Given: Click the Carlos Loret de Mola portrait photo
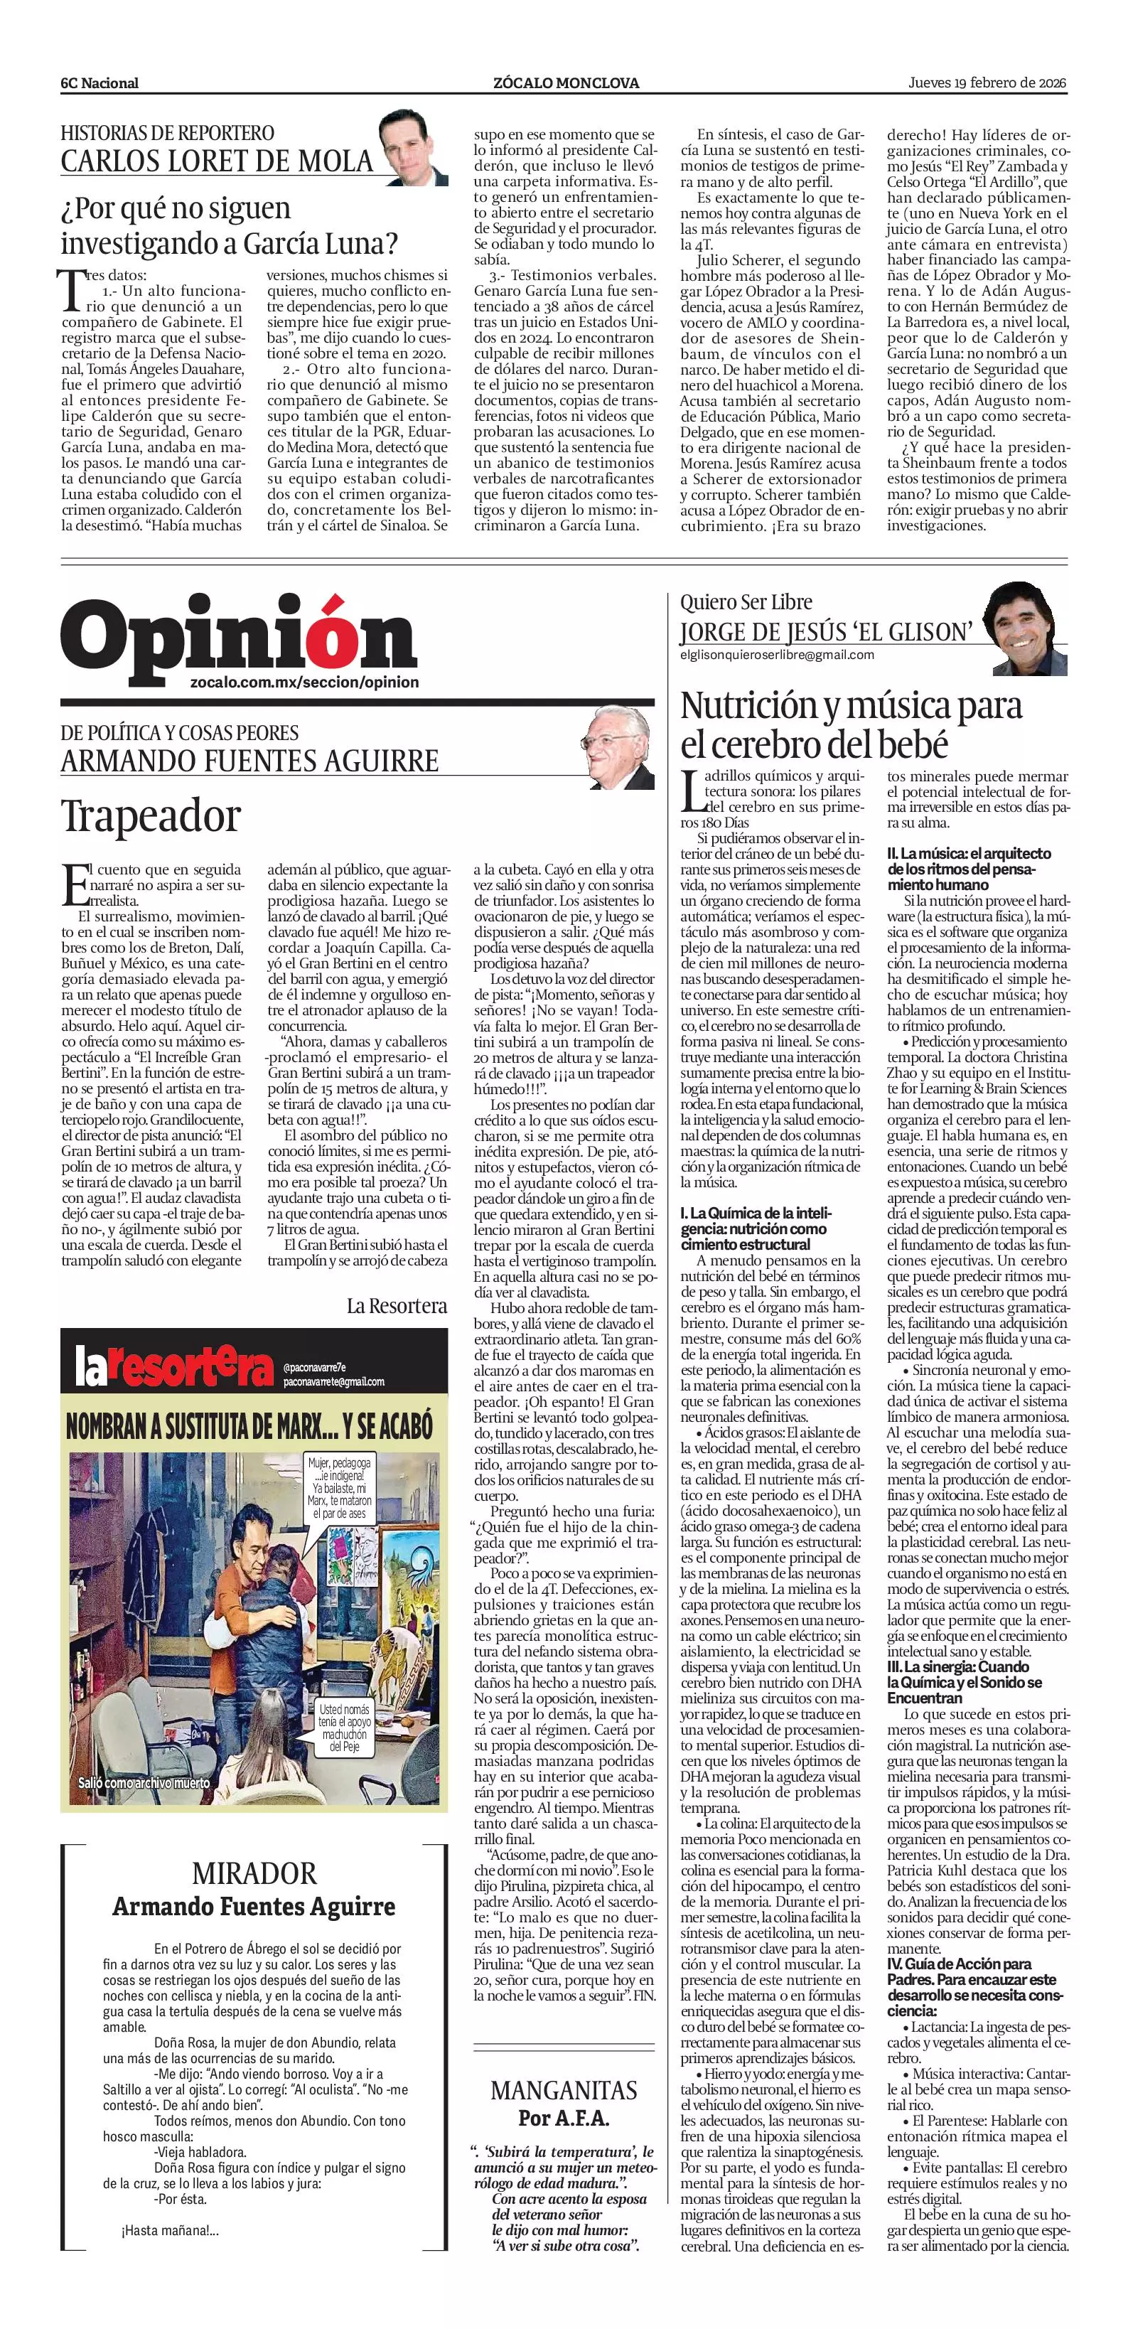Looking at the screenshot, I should pyautogui.click(x=413, y=146).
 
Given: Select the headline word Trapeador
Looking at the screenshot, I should pyautogui.click(x=151, y=815).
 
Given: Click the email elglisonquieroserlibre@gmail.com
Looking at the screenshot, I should pyautogui.click(x=778, y=655).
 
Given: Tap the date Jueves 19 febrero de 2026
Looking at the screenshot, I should pyautogui.click(x=987, y=82).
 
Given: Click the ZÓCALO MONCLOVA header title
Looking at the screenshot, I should pyautogui.click(x=566, y=82).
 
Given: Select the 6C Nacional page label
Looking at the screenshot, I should pyautogui.click(x=100, y=83).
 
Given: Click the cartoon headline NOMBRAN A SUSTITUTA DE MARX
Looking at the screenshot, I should pyautogui.click(x=249, y=1427).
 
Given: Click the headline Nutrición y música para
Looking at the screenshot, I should pyautogui.click(x=851, y=706).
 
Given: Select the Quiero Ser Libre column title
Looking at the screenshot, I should pyautogui.click(x=746, y=602).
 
